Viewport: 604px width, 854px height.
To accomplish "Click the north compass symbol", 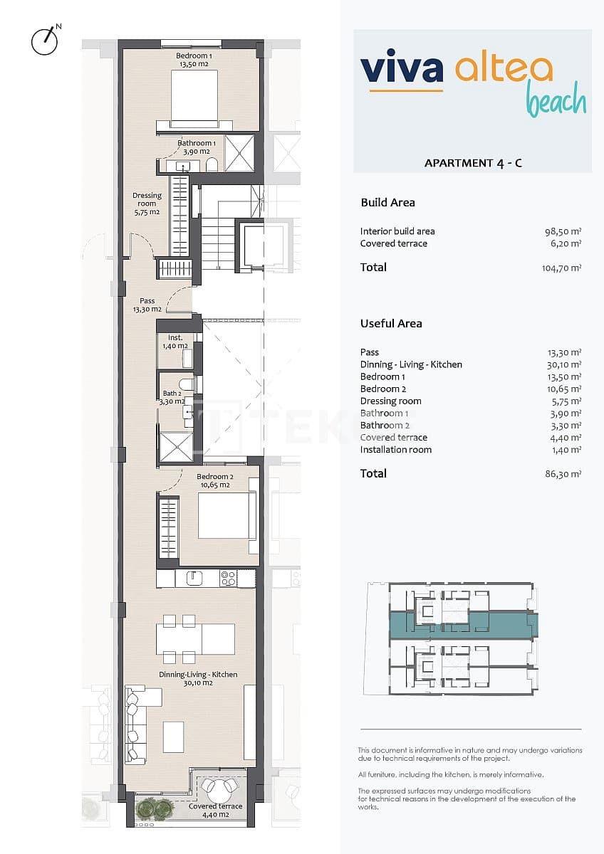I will click(x=44, y=41).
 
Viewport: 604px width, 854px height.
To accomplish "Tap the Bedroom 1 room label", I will click(x=193, y=60).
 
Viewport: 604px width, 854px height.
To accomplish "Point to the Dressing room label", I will click(x=147, y=204).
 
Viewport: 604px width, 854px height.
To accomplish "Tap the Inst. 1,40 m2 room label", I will click(x=175, y=342).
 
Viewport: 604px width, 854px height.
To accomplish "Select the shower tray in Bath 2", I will click(x=175, y=447).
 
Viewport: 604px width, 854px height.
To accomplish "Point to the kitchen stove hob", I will click(x=228, y=578).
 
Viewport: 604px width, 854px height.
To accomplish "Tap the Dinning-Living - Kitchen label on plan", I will click(x=198, y=678).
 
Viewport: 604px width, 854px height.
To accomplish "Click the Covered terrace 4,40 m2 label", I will click(x=215, y=811).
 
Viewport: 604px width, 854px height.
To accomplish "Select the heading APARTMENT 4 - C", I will click(x=473, y=163).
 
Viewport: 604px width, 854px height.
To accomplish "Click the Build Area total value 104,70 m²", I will click(x=561, y=268).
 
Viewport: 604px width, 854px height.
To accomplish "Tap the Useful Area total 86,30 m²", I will click(x=563, y=473).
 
